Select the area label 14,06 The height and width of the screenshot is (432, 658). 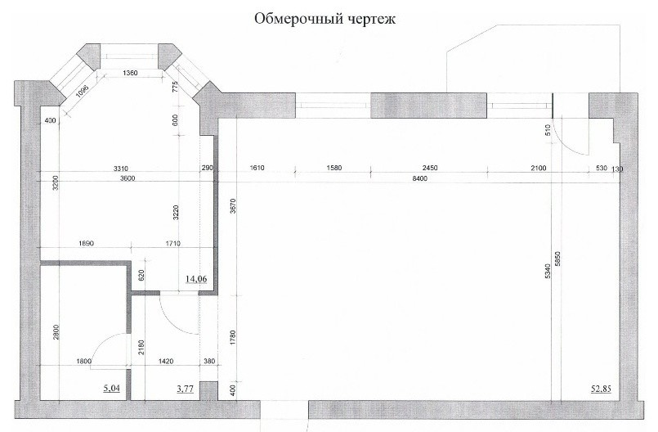coord(195,279)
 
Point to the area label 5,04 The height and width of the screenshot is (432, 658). coord(111,389)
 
